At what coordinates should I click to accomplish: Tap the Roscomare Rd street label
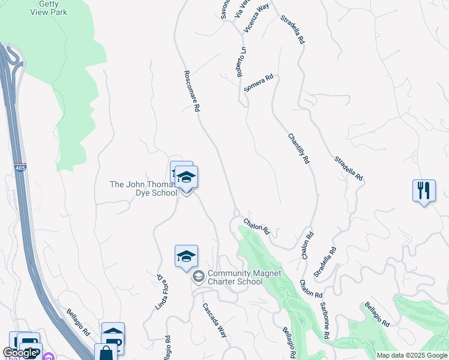(x=191, y=91)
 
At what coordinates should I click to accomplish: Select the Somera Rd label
(x=259, y=83)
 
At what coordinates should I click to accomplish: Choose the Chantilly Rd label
(x=298, y=149)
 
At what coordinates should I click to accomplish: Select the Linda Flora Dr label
(x=161, y=292)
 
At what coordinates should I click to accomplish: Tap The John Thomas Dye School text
(x=143, y=188)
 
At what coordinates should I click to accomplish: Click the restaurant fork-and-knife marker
(x=424, y=191)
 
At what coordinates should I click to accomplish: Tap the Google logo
(x=20, y=353)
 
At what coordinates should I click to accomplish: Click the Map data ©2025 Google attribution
(x=412, y=355)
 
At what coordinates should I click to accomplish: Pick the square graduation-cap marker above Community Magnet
(x=186, y=256)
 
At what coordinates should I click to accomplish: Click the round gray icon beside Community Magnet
(x=198, y=277)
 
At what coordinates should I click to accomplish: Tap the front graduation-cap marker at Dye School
(x=187, y=178)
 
